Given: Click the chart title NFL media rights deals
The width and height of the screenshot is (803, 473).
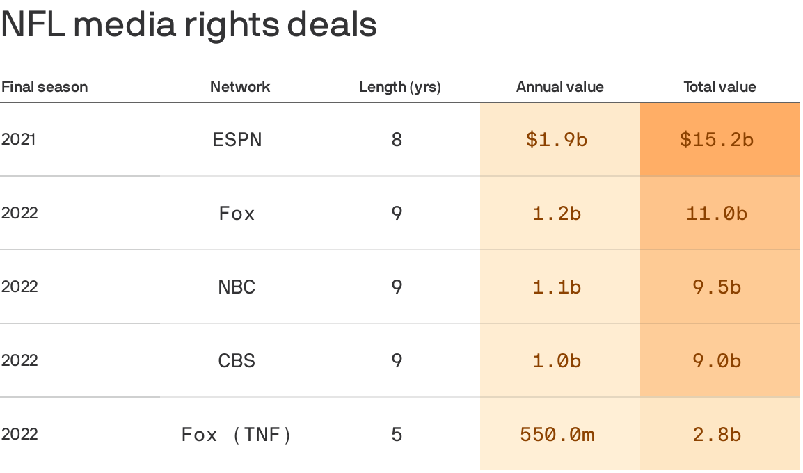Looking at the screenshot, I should [x=189, y=25].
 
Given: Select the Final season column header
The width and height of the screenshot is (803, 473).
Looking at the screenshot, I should [x=45, y=87].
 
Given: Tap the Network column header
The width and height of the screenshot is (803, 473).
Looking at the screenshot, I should [x=240, y=87].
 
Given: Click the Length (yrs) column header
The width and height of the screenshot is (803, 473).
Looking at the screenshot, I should [x=400, y=87].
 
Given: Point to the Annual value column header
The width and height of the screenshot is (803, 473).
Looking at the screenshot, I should [x=560, y=87].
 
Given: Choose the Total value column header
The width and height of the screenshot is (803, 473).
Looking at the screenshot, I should [x=719, y=87].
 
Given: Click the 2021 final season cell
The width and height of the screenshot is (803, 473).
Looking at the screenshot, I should [x=19, y=139].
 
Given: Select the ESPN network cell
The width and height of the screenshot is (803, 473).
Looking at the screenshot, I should [x=237, y=140].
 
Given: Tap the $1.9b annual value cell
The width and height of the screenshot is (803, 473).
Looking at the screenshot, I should [x=557, y=140].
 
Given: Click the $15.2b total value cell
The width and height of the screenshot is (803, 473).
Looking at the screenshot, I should [x=717, y=140].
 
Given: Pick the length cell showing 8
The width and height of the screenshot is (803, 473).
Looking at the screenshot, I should [x=397, y=140].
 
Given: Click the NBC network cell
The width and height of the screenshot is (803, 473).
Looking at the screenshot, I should [x=237, y=287].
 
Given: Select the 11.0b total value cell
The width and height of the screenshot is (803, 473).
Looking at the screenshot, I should [x=717, y=213].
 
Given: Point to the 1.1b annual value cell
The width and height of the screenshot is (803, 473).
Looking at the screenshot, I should [x=557, y=287].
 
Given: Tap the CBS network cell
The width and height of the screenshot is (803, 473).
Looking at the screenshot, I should [x=237, y=360].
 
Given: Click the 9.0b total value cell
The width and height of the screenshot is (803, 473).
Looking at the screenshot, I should [x=717, y=360].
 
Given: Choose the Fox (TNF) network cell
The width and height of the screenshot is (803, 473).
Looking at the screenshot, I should [x=237, y=435].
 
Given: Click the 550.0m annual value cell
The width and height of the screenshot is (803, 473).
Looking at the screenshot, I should [x=557, y=435].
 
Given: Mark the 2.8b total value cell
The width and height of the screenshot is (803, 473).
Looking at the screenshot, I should [x=717, y=435].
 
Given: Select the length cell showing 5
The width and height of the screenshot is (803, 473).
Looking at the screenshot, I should [x=397, y=435].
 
